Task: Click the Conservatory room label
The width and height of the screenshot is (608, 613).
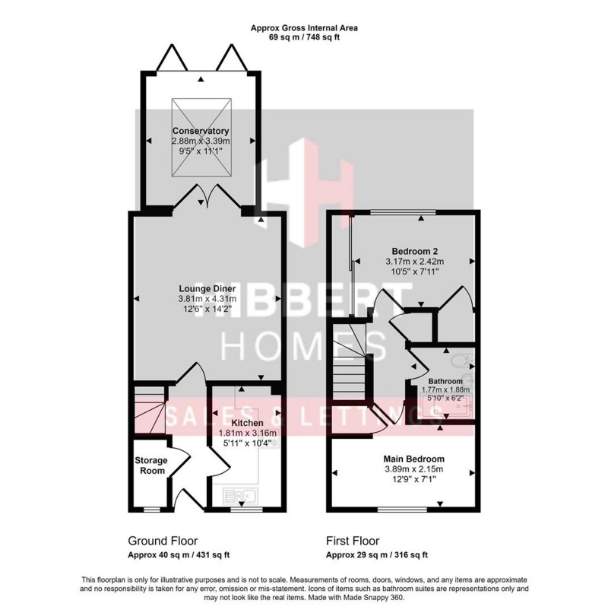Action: [x=201, y=131]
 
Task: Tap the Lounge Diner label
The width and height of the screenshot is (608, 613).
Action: [x=207, y=288]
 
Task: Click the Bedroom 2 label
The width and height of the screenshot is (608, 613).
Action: [x=414, y=252]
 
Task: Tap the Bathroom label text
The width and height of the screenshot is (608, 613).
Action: [x=445, y=381]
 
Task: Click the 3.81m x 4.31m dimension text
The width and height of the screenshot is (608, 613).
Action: [x=207, y=299]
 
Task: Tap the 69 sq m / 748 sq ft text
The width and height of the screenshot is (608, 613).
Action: [x=304, y=37]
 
